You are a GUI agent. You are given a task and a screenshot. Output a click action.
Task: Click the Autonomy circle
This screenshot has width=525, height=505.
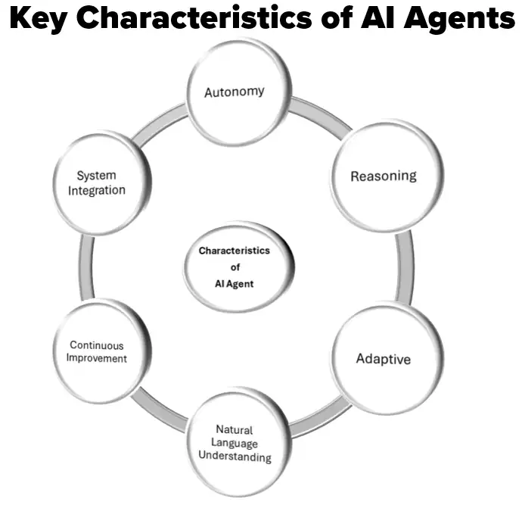235,92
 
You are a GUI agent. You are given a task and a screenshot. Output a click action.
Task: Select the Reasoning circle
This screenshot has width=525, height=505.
383,176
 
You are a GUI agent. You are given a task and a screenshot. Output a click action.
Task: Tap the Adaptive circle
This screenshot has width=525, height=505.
383,358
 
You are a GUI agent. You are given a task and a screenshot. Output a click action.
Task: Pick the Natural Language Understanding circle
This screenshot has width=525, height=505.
235,443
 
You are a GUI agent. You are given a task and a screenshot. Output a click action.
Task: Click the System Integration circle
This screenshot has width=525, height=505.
97,184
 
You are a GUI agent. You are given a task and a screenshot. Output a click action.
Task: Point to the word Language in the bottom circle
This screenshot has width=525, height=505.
235,444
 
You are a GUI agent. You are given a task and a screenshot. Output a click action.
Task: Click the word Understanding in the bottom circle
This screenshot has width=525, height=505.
235,457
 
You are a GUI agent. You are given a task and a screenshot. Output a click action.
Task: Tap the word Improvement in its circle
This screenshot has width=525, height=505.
96,359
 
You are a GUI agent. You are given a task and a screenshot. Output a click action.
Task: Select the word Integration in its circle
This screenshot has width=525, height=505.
97,191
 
